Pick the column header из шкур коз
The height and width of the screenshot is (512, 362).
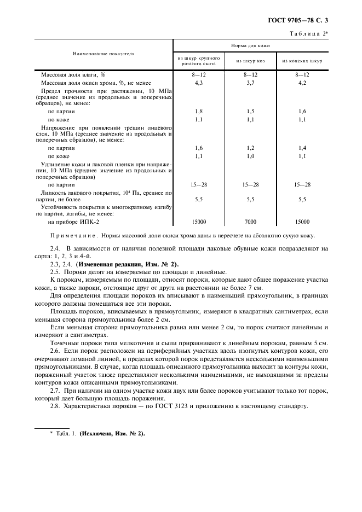[250, 61]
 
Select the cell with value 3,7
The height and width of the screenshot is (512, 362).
[250, 83]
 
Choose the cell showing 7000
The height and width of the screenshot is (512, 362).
[250, 222]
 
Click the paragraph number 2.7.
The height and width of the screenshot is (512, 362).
[55, 391]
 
